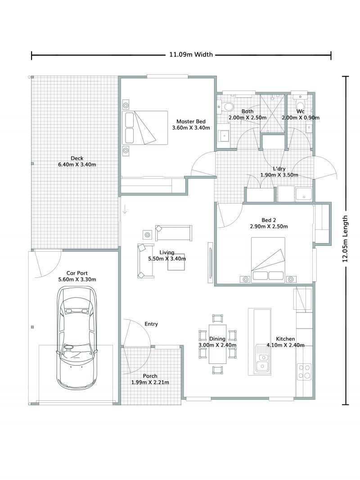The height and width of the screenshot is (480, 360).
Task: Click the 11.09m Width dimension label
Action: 190,55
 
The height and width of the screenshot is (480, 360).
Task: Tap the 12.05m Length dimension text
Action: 346,239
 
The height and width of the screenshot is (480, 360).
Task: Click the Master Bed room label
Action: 191,122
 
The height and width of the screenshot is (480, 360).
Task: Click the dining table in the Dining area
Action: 218,344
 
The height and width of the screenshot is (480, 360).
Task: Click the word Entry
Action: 151,324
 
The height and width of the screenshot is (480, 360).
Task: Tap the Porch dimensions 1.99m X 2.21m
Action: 150,382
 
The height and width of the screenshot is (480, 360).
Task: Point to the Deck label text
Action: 77,158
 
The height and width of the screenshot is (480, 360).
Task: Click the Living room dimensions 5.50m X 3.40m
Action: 167,259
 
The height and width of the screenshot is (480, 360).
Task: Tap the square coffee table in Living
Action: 176,262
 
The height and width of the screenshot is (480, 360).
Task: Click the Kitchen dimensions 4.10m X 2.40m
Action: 285,345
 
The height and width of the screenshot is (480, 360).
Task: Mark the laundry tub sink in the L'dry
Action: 305,194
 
